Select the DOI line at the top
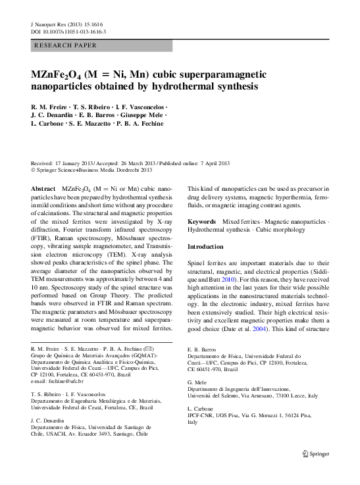click(x=69, y=31)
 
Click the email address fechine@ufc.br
click(x=59, y=382)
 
